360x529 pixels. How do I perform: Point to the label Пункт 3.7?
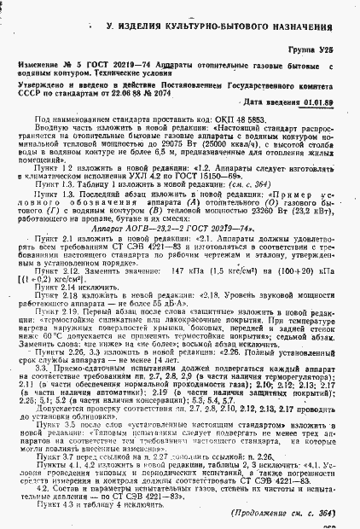point(66,457)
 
